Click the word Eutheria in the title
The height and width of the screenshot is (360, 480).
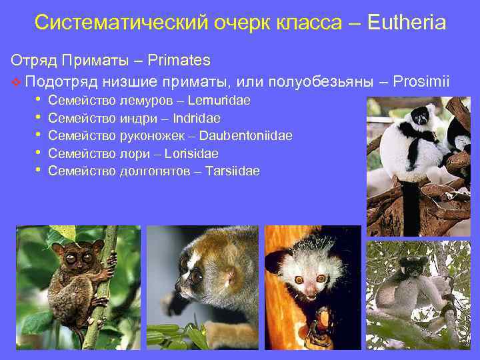pyautogui.click(x=406, y=23)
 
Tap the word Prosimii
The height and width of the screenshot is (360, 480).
pyautogui.click(x=421, y=81)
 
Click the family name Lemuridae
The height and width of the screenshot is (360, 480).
pyautogui.click(x=219, y=101)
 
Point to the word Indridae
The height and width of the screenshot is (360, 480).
pyautogui.click(x=197, y=119)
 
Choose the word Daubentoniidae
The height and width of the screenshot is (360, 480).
pyautogui.click(x=245, y=136)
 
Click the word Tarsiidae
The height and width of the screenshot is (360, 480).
pyautogui.click(x=233, y=171)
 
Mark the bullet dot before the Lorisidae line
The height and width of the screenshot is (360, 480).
pyautogui.click(x=39, y=153)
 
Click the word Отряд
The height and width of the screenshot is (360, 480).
pyautogui.click(x=33, y=61)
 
